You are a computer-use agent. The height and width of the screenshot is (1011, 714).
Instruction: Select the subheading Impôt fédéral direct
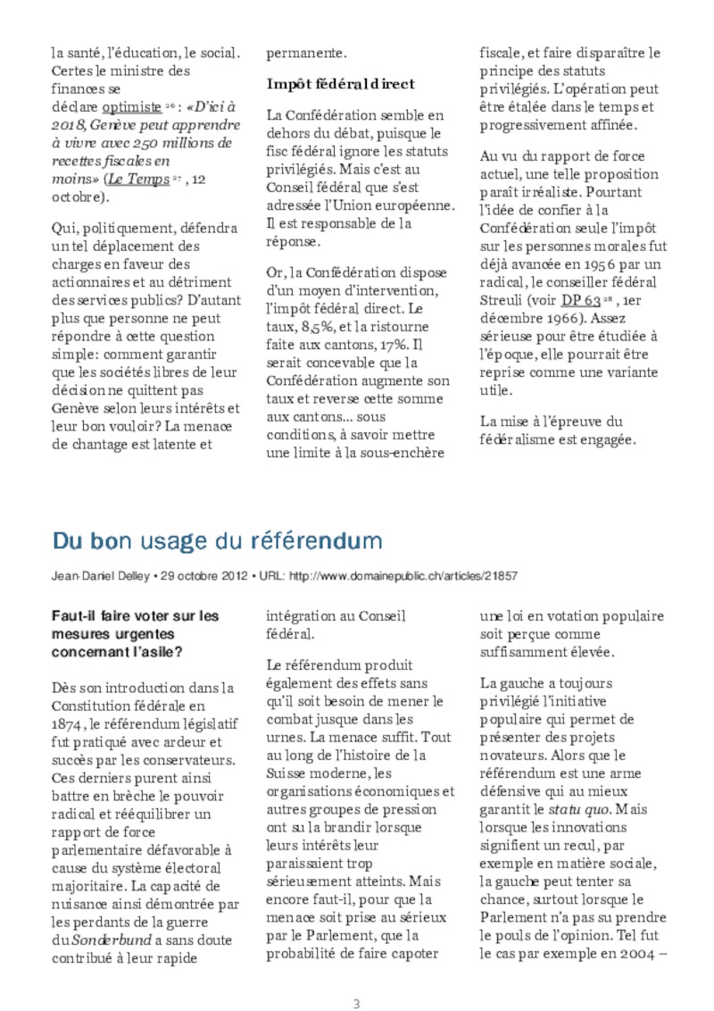(x=341, y=84)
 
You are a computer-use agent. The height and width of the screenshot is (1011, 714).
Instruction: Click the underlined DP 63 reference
(x=580, y=299)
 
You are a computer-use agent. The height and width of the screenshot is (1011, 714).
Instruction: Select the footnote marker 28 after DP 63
(x=606, y=297)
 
